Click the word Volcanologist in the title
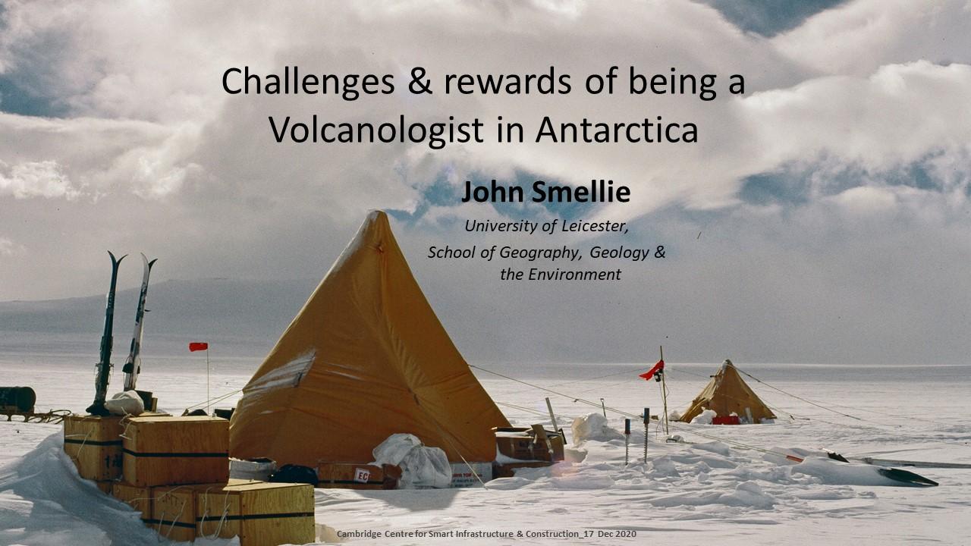(376, 130)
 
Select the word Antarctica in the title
(617, 130)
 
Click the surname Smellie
(581, 192)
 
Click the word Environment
(575, 275)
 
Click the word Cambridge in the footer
(359, 535)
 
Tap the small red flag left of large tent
(198, 347)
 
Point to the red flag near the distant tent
(652, 371)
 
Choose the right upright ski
(138, 322)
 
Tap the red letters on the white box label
(363, 475)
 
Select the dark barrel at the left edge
(17, 399)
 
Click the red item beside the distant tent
(726, 420)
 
